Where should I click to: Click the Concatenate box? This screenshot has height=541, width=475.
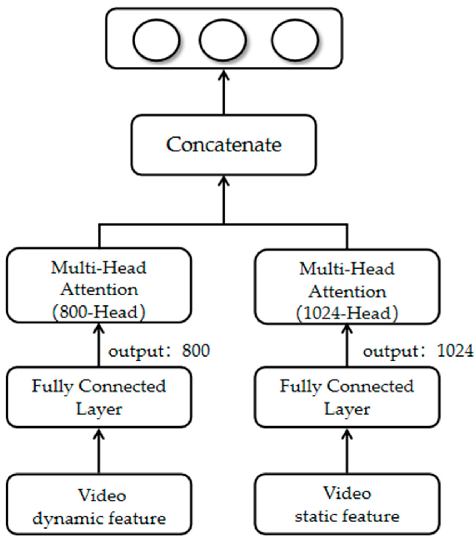click(223, 145)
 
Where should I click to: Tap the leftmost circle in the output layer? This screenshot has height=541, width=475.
click(156, 40)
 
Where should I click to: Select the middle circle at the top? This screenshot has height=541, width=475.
click(223, 40)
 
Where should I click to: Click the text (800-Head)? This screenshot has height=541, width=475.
click(99, 312)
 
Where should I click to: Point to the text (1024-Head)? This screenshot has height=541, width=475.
click(347, 314)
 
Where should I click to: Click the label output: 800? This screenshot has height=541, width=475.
click(159, 351)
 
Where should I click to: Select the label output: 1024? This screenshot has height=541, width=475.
click(418, 351)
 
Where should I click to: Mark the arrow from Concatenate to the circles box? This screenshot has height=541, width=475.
click(224, 92)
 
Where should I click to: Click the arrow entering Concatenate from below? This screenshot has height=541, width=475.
click(224, 200)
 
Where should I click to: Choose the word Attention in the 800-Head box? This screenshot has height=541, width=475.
click(99, 290)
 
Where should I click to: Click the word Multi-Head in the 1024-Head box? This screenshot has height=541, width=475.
click(347, 269)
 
